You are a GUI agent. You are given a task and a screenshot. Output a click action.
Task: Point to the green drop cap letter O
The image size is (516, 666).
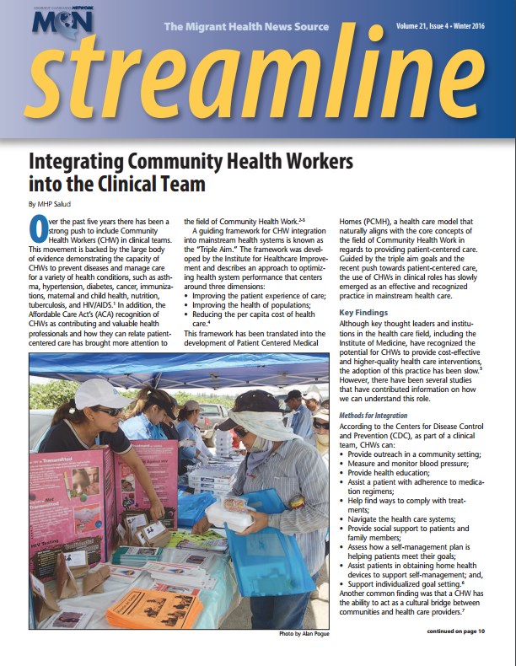pos(37,226)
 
